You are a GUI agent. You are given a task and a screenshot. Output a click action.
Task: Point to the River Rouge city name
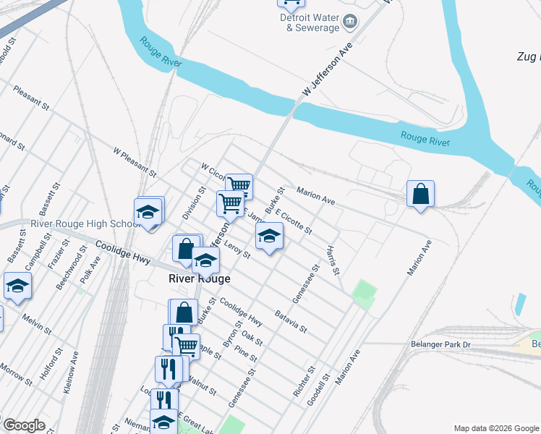point(199,278)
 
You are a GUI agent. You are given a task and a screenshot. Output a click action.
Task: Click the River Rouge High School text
point(85,224)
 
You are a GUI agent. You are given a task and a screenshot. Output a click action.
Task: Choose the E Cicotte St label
point(294,221)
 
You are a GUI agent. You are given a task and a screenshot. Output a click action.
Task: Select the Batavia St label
point(291,321)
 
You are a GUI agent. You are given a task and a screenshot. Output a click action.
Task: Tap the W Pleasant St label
point(135,162)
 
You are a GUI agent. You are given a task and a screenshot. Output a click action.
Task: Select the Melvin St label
point(34,323)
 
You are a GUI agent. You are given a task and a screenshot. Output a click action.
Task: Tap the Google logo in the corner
point(23,425)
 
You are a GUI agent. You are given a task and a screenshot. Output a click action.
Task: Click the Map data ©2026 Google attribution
point(495,427)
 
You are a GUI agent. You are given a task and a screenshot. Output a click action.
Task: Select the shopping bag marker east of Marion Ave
point(420,195)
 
